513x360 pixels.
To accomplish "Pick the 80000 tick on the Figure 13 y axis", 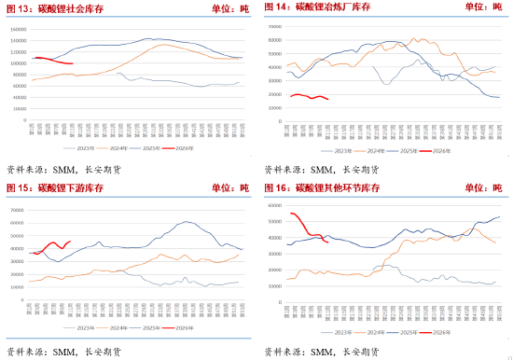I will click(20, 74).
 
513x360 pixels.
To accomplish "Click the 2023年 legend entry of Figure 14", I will click(343, 149).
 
